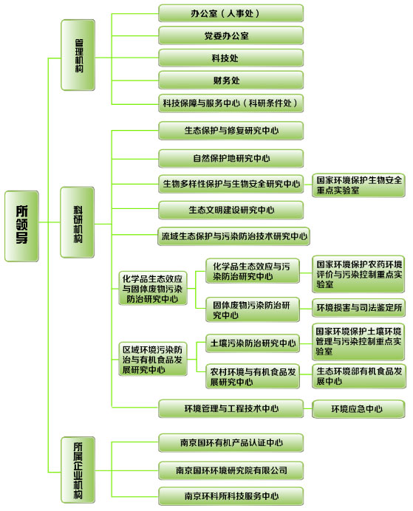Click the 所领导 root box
tap(21, 226)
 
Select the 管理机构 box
tap(78, 55)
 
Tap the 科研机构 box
tap(78, 222)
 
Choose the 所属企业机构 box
tap(78, 470)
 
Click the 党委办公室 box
tap(231, 35)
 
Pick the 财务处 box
tap(231, 80)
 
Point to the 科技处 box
tap(231, 58)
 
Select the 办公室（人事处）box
tap(231, 13)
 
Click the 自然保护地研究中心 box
tap(231, 158)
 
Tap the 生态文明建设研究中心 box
tap(231, 210)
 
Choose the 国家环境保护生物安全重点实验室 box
tap(358, 185)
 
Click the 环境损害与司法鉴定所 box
tap(358, 308)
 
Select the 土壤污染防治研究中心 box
tap(252, 343)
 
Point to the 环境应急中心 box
tap(358, 409)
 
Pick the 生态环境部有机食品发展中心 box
tap(359, 376)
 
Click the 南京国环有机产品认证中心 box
tap(231, 442)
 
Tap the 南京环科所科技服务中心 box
tap(231, 496)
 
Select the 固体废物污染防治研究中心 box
tap(252, 309)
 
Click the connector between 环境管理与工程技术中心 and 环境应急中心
tap(307, 408)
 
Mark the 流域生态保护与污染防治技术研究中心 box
tap(233, 236)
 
